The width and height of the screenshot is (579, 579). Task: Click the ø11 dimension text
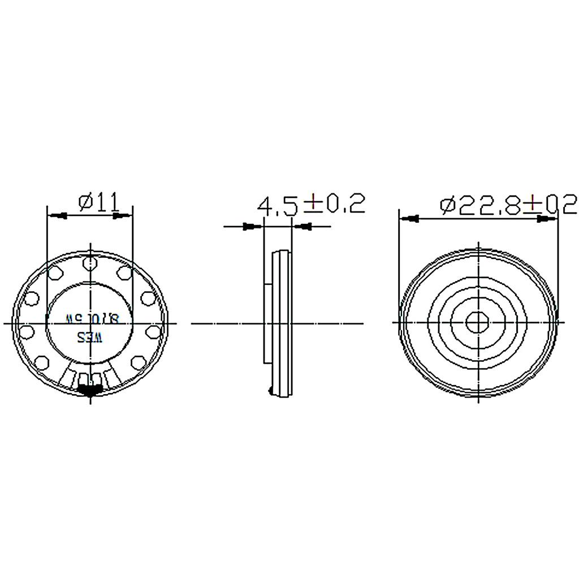pos(100,202)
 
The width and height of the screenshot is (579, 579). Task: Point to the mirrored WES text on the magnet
pos(90,338)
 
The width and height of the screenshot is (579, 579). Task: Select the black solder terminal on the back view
pos(90,389)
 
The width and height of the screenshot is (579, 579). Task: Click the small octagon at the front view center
pos(478,323)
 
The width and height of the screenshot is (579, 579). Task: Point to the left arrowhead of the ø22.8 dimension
pos(413,218)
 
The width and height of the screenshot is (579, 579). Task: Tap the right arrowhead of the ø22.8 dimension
pos(544,218)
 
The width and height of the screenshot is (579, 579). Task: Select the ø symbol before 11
pos(86,202)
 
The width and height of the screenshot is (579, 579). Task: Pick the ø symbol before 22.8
pos(447,205)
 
